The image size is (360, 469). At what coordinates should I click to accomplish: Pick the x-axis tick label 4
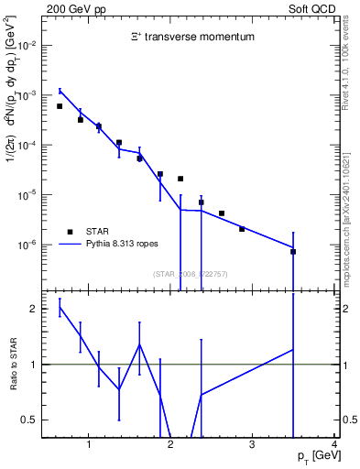pyautogui.click(x=334, y=446)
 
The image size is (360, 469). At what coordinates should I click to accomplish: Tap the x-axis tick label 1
pyautogui.click(x=89, y=446)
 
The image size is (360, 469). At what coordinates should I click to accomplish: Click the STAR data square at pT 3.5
pyautogui.click(x=293, y=251)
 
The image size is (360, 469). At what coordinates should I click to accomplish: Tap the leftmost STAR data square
pyautogui.click(x=60, y=106)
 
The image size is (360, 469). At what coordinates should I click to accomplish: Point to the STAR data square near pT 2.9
pyautogui.click(x=242, y=229)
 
